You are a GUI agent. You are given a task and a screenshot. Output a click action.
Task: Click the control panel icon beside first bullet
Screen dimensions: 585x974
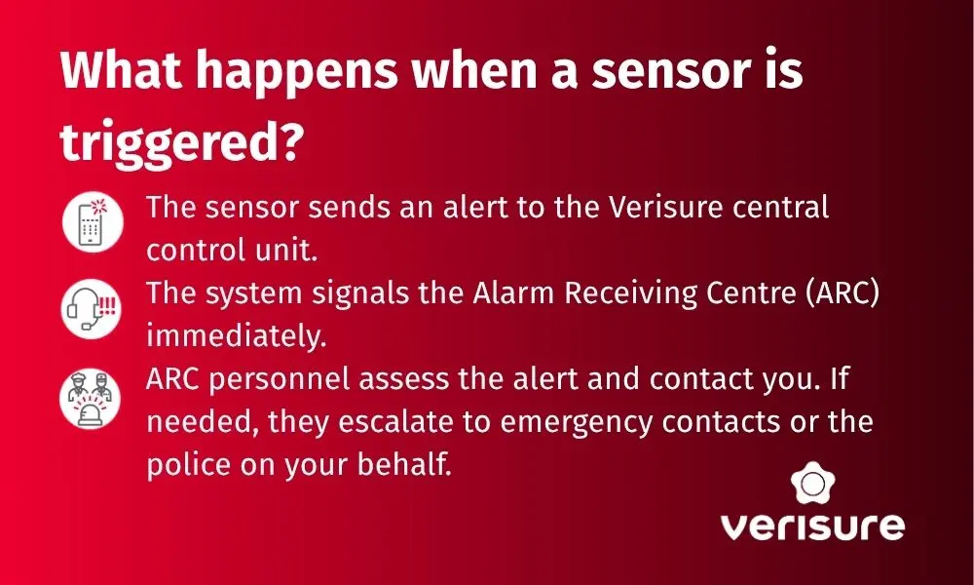(93, 222)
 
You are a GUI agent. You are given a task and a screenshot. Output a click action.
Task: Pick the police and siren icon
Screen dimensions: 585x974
(93, 399)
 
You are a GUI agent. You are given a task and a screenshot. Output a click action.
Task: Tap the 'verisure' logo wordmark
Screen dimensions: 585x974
(811, 526)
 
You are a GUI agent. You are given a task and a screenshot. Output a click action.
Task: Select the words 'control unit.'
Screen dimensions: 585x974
(232, 249)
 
